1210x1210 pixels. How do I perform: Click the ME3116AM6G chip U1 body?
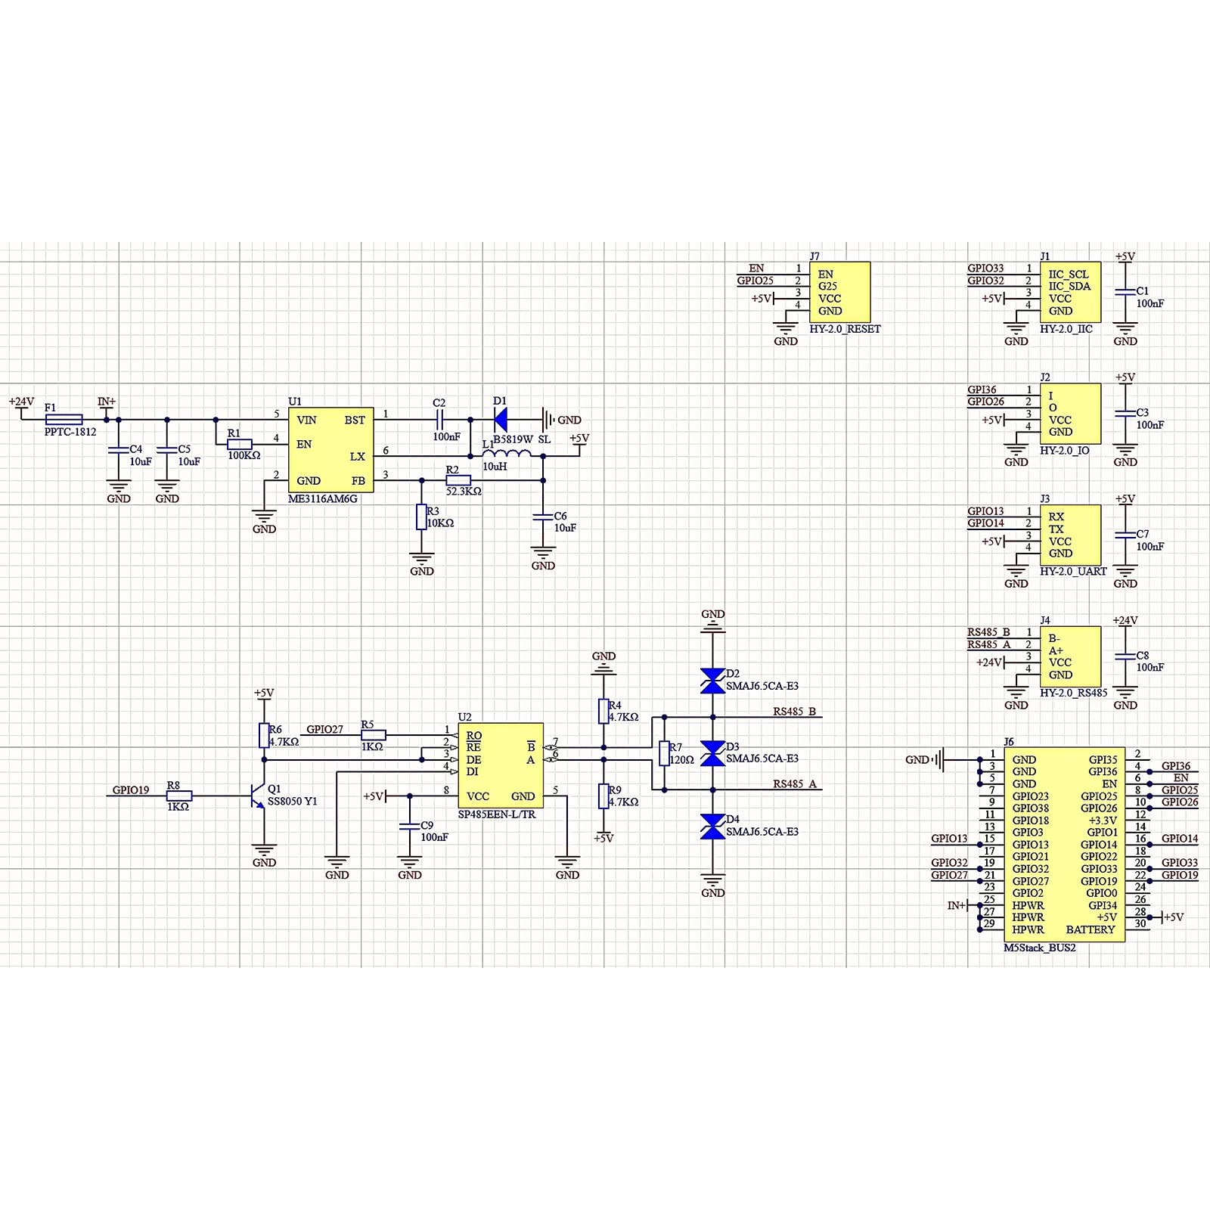330,450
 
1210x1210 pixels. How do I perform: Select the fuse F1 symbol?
64,420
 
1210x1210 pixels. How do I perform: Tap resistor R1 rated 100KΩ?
240,444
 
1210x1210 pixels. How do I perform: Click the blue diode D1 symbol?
500,420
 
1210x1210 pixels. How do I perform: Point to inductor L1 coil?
507,454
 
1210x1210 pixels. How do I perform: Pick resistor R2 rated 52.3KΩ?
458,480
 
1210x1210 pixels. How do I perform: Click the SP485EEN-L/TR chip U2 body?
501,765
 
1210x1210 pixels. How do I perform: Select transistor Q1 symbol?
258,796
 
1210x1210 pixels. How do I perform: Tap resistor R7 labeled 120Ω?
664,754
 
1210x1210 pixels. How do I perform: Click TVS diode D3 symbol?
712,753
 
